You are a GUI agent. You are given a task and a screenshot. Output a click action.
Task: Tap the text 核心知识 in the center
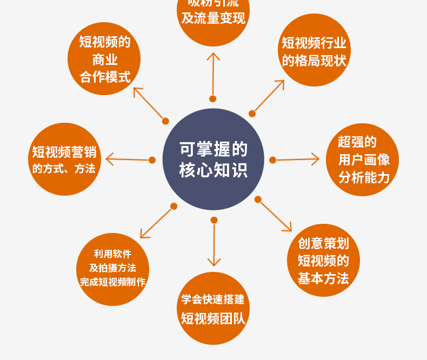tap(213, 170)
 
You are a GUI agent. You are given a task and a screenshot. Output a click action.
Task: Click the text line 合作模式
tap(105, 77)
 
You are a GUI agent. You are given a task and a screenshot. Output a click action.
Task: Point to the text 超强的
tap(357, 142)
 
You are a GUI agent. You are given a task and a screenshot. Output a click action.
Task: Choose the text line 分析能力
tap(364, 177)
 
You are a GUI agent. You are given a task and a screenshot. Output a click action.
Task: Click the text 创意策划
tap(323, 243)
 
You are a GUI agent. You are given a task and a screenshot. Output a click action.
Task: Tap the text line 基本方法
tap(323, 279)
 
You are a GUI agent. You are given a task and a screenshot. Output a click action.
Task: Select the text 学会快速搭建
tap(213, 299)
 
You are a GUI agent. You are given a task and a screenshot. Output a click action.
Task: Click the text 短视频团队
tap(213, 318)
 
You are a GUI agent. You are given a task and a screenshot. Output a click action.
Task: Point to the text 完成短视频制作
tap(112, 282)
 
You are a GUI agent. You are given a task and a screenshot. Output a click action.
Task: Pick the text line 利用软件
tap(112, 254)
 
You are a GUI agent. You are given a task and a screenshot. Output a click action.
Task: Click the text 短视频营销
tap(64, 152)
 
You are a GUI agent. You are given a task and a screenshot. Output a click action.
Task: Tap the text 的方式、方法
tap(64, 169)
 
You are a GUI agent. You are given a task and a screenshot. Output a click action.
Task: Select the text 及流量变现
tap(213, 18)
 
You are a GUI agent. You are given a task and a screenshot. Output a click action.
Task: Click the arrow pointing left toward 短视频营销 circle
tap(129, 159)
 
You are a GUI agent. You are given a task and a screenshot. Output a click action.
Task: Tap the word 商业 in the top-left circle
tap(105, 59)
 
